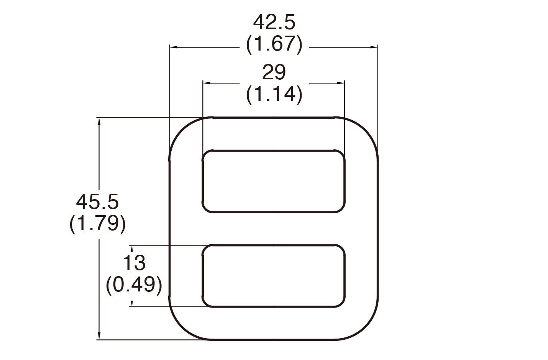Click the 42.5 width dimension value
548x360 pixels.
click(x=274, y=23)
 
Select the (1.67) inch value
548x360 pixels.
click(x=274, y=44)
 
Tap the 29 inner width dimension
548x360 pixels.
click(x=274, y=72)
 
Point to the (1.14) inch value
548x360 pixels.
click(x=274, y=94)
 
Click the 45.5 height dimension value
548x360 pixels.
click(x=98, y=202)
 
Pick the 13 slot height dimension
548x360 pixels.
click(x=134, y=263)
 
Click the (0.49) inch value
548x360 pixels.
click(x=134, y=285)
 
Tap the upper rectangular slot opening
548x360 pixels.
click(x=274, y=181)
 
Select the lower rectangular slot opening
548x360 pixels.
click(x=274, y=276)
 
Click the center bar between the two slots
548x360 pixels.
click(x=274, y=228)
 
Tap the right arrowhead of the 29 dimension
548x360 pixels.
click(x=341, y=83)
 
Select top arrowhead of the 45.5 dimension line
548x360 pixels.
click(x=99, y=121)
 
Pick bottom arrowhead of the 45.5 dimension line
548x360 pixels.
click(x=99, y=336)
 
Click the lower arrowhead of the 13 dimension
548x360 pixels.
click(x=132, y=304)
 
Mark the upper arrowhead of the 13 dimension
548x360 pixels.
click(x=132, y=248)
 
